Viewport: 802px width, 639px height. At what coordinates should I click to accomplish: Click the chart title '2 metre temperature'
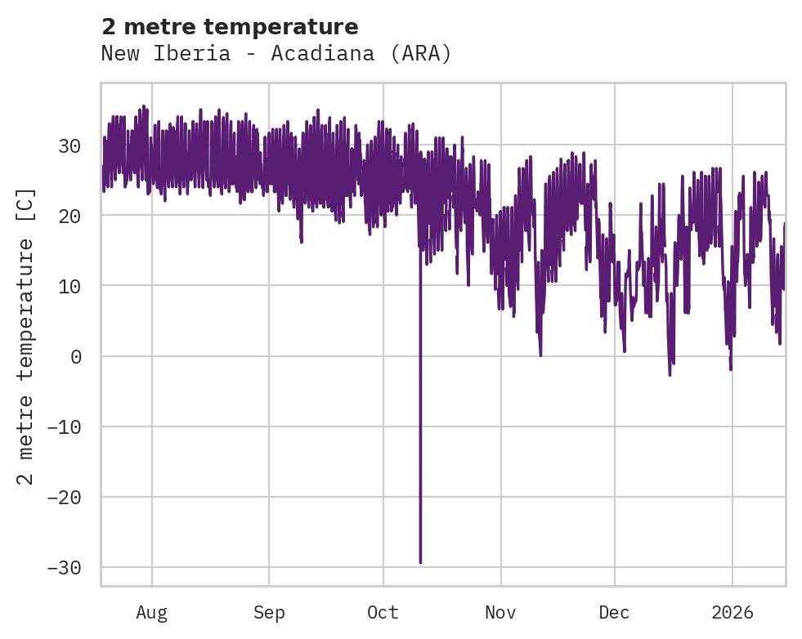tap(230, 27)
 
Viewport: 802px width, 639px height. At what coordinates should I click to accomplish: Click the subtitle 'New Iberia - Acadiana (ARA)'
tap(276, 54)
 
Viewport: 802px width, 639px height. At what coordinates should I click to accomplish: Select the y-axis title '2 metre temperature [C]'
tap(26, 337)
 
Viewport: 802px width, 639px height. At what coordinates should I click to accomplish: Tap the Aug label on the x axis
tap(151, 612)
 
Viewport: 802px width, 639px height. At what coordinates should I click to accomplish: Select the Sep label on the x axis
tap(269, 612)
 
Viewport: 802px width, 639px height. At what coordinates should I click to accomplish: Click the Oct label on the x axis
tap(383, 612)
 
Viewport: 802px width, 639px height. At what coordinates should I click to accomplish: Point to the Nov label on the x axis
tap(500, 612)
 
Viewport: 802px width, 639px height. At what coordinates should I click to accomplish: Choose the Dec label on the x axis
tap(614, 612)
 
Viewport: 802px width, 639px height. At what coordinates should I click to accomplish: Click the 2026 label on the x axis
tap(732, 612)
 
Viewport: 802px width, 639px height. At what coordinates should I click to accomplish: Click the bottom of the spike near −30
tap(420, 562)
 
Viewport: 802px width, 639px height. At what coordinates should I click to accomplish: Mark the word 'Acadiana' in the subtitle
tap(324, 54)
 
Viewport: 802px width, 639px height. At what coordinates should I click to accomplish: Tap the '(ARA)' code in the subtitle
tap(421, 54)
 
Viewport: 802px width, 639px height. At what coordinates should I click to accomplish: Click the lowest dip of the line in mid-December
tap(670, 374)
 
